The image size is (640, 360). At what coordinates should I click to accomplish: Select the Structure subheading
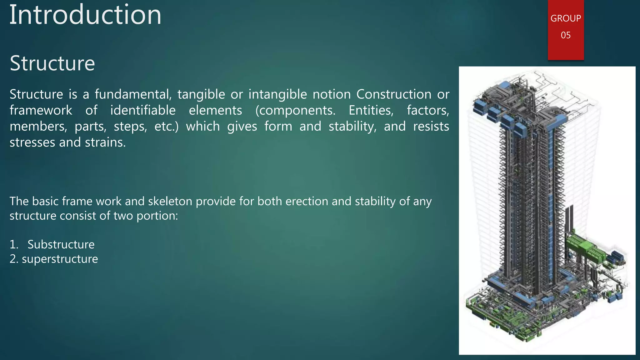[52, 63]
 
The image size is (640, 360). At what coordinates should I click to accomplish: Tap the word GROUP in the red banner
[566, 18]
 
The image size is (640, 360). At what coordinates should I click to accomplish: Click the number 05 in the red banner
[566, 35]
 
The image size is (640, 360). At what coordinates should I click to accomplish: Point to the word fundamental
[133, 94]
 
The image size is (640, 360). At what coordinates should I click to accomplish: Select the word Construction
[394, 94]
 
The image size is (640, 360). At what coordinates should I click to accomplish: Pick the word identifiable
[143, 110]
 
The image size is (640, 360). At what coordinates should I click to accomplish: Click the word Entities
[371, 110]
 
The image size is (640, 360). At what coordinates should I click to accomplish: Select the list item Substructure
[61, 244]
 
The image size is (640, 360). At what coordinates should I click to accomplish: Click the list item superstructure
[60, 259]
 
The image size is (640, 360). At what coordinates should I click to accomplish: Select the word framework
[41, 110]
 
